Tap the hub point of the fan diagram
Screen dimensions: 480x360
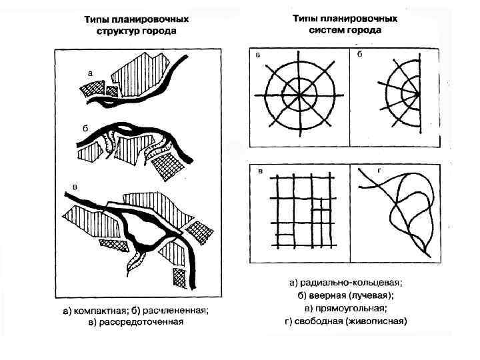[419, 95]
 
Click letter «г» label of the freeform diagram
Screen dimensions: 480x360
[379, 171]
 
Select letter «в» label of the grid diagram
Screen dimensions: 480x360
[259, 171]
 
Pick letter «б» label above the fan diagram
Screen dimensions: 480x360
[359, 54]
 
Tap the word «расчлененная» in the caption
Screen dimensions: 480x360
[179, 310]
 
